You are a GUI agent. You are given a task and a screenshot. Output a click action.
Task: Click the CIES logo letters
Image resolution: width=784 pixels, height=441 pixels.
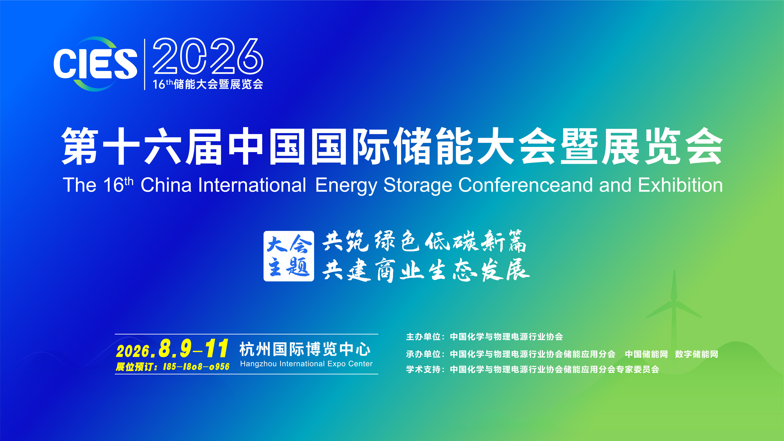(x=95, y=64)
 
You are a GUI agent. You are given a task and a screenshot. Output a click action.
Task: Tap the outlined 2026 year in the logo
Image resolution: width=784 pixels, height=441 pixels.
(x=208, y=56)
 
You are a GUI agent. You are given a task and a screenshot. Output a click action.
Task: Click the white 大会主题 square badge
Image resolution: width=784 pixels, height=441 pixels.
(x=289, y=256)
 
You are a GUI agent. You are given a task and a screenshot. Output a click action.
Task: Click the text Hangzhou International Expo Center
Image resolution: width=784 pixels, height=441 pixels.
(x=306, y=364)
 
